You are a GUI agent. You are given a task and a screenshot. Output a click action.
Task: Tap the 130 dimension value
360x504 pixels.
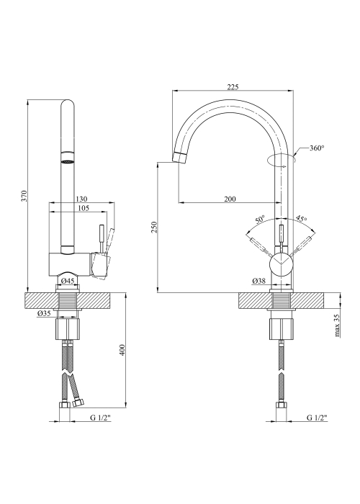[82, 199]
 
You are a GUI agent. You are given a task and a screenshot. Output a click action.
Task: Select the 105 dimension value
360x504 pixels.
[84, 208]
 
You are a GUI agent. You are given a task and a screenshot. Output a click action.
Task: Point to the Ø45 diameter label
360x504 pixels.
[68, 281]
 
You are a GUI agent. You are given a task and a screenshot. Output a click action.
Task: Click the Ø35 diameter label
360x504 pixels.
[44, 313]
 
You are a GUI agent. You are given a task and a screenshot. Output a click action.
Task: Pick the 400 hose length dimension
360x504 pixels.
[122, 350]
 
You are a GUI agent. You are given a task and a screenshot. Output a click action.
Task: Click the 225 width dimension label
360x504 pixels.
[233, 87]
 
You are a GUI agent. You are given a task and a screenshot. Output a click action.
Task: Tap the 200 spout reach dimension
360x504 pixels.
[230, 199]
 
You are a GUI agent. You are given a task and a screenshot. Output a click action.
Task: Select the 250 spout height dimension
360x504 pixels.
[155, 228]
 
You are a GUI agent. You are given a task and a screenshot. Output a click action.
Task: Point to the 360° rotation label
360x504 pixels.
[317, 148]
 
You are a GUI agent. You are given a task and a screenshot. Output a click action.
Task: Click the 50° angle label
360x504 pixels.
[260, 220]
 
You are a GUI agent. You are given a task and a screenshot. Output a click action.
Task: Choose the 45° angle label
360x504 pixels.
[301, 219]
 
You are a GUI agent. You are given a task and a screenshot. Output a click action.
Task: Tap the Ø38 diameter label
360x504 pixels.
[259, 281]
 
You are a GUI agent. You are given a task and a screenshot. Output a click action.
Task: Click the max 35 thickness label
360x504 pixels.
[337, 325]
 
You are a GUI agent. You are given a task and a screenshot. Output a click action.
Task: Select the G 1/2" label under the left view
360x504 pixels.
[100, 418]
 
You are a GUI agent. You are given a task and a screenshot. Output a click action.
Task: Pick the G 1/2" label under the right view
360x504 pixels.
[317, 418]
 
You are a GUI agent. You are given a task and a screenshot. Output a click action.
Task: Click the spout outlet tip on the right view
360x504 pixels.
[179, 157]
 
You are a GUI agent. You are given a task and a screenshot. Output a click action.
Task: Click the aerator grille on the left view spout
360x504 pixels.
[68, 162]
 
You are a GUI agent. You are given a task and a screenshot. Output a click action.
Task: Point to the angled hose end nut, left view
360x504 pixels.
[78, 402]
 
